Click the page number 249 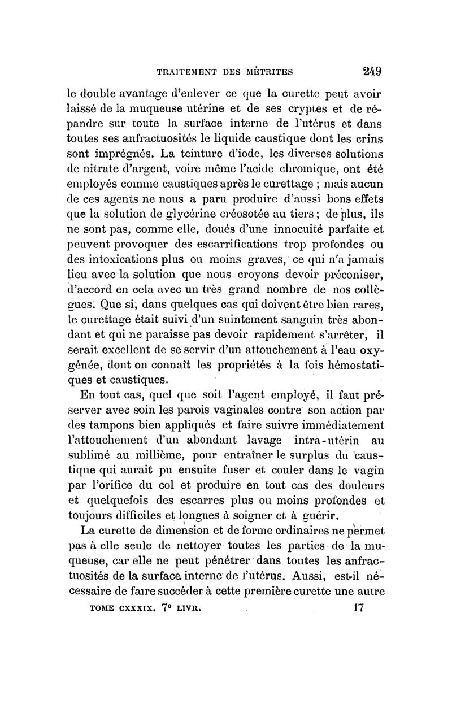(372, 71)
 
